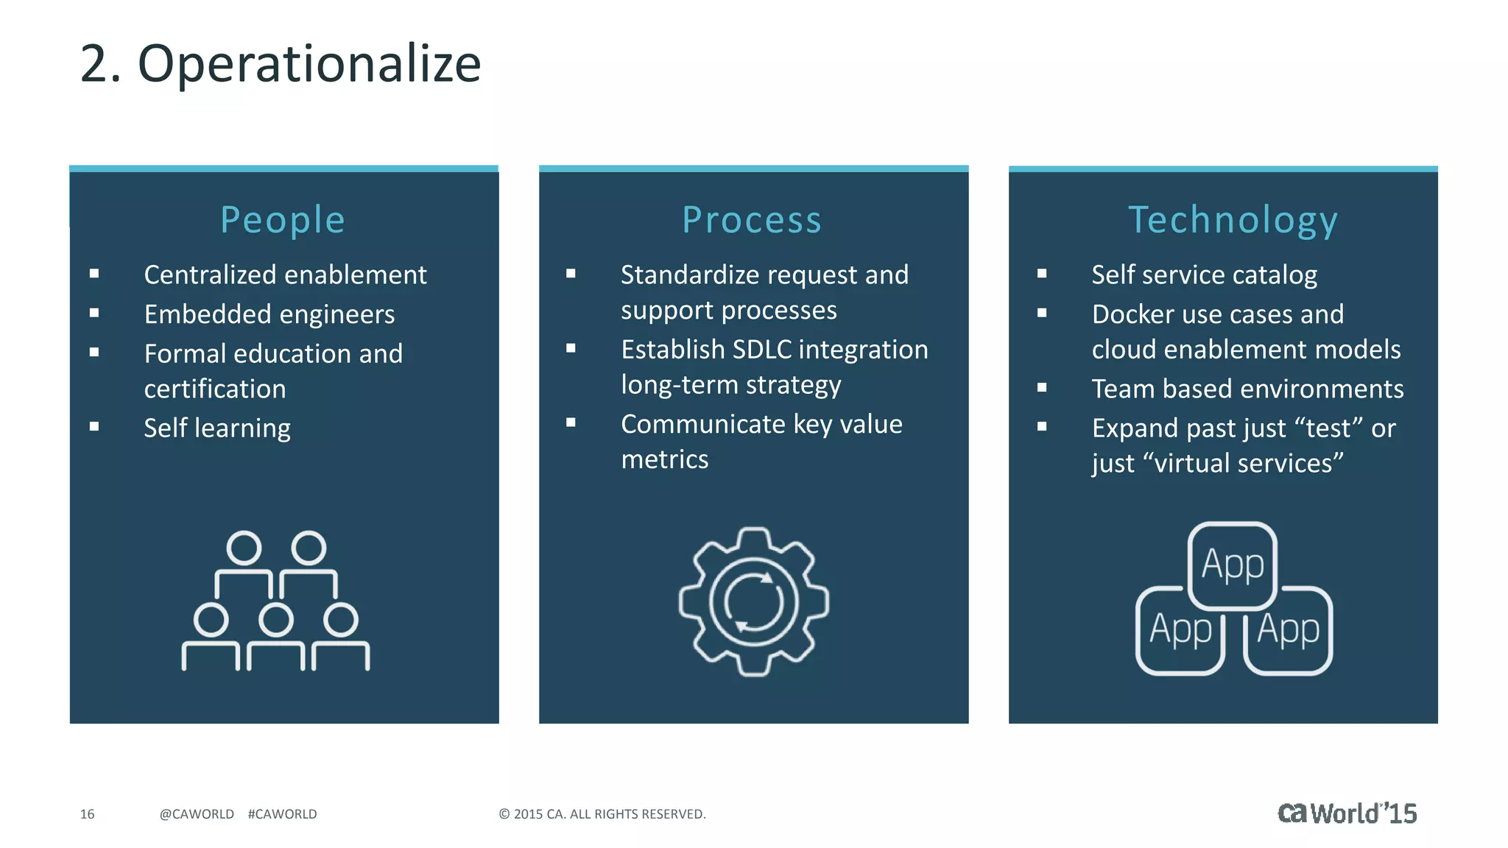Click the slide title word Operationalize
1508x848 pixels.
click(309, 64)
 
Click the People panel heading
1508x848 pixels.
click(283, 220)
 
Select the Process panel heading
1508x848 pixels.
click(752, 220)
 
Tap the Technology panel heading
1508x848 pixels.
click(1233, 220)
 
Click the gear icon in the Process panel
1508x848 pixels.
click(753, 601)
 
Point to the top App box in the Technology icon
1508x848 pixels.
click(1233, 565)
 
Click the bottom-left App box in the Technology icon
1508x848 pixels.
click(1180, 630)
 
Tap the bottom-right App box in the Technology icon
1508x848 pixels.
click(1288, 630)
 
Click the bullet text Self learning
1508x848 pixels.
click(217, 428)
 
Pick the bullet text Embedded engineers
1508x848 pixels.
click(269, 314)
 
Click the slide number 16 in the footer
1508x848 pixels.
click(87, 814)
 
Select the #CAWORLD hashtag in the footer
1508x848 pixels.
click(282, 814)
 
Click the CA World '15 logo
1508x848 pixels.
click(1347, 813)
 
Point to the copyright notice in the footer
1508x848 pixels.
click(602, 814)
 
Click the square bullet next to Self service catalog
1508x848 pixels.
click(1042, 274)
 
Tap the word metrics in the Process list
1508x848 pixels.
click(664, 460)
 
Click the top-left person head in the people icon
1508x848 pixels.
click(244, 548)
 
